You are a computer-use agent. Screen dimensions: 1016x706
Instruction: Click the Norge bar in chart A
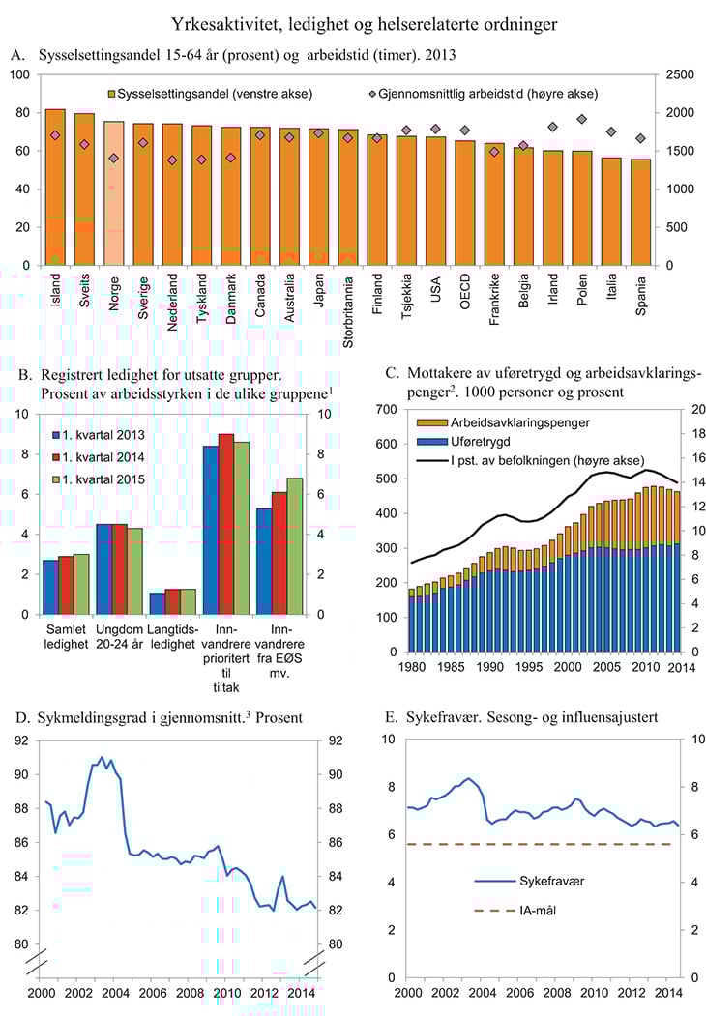pyautogui.click(x=114, y=193)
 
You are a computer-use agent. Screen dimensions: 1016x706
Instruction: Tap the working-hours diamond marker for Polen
pyautogui.click(x=582, y=119)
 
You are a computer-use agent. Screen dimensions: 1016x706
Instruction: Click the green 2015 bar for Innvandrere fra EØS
pyautogui.click(x=295, y=546)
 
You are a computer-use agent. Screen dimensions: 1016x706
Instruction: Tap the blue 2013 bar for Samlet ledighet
pyautogui.click(x=50, y=587)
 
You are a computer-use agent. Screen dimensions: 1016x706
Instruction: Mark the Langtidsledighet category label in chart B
pyautogui.click(x=166, y=639)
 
